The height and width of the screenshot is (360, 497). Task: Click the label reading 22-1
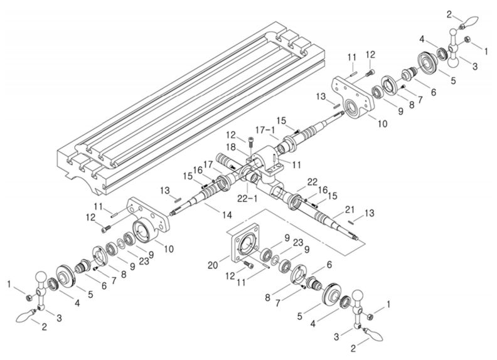247,199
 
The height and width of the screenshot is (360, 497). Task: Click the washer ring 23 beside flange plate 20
276,258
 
